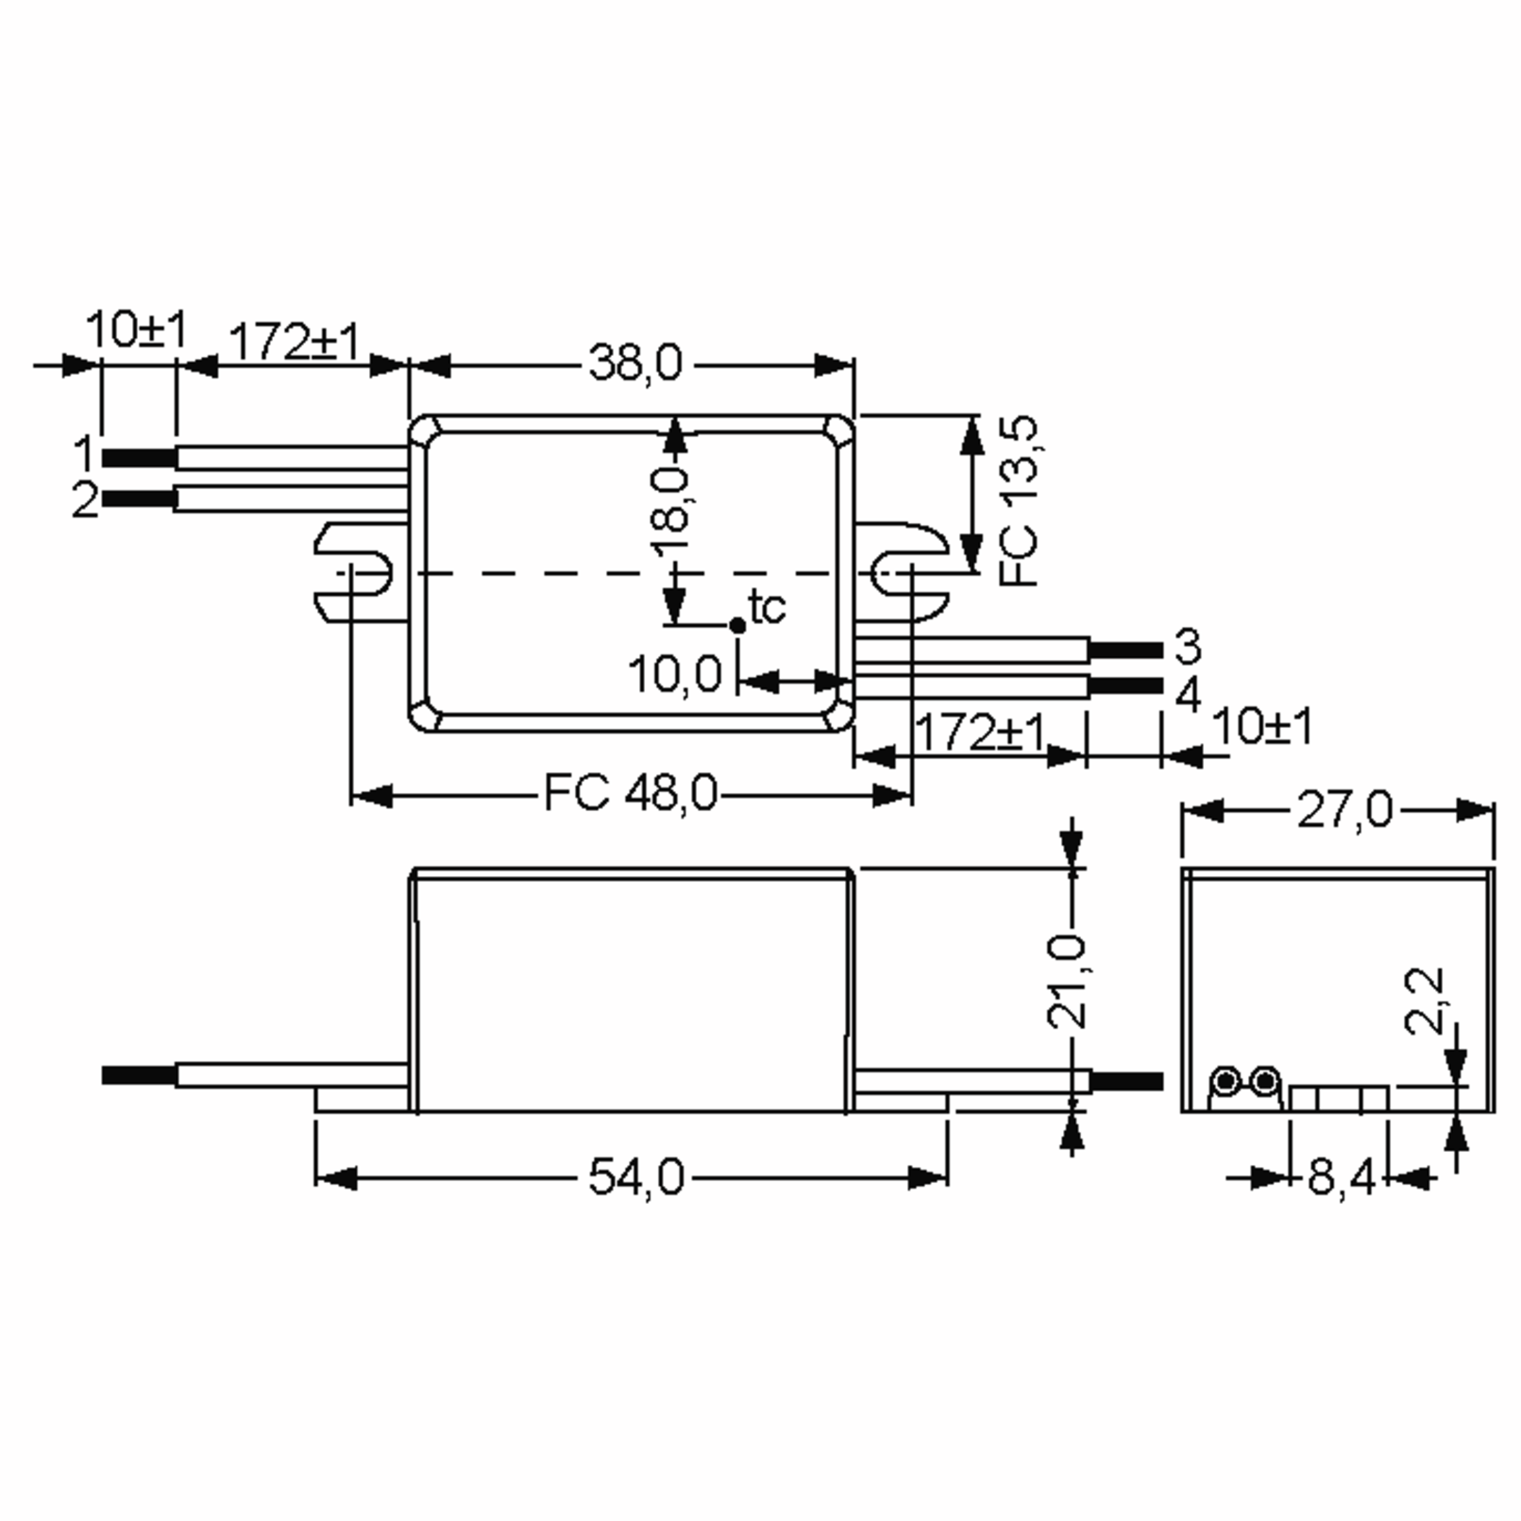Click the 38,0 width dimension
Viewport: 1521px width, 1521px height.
pyautogui.click(x=634, y=364)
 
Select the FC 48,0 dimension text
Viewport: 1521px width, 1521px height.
pyautogui.click(x=631, y=793)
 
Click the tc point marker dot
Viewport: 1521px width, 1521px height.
pyautogui.click(x=737, y=625)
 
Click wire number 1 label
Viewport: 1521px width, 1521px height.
pyautogui.click(x=84, y=454)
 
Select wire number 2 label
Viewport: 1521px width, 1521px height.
pyautogui.click(x=84, y=499)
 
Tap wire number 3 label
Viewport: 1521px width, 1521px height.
pyautogui.click(x=1187, y=646)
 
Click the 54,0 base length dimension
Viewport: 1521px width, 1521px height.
pyautogui.click(x=636, y=1179)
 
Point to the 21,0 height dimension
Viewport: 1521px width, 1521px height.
pyautogui.click(x=1067, y=982)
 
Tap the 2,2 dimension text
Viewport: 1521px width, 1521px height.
pyautogui.click(x=1424, y=1001)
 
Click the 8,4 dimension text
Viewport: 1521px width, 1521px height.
pyautogui.click(x=1341, y=1179)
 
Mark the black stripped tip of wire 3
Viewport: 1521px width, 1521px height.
pyautogui.click(x=1126, y=650)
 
